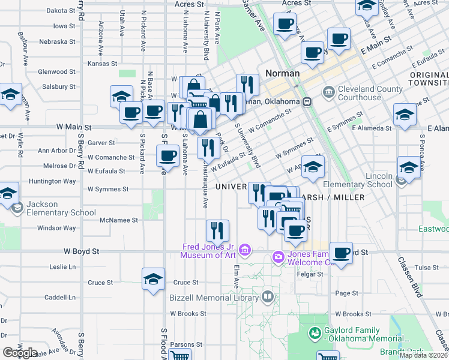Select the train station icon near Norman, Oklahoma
coord(307,102)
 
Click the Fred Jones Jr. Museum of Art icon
coord(244,250)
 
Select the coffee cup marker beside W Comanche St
coord(166,156)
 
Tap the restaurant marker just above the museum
coord(217,230)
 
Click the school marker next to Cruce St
coord(153,279)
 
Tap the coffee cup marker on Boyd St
coord(341,253)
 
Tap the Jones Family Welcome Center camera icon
coord(277,257)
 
